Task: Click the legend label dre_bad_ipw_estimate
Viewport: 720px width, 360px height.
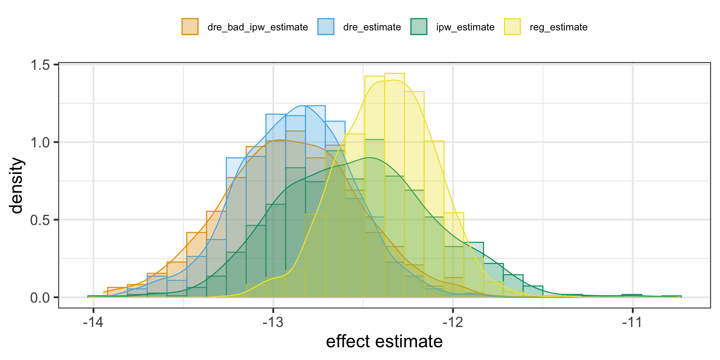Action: click(x=258, y=27)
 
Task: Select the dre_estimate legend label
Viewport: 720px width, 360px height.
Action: click(x=372, y=27)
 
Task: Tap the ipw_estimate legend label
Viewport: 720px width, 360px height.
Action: click(x=465, y=27)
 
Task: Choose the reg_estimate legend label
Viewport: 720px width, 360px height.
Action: click(x=558, y=27)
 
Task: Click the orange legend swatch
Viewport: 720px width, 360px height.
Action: click(x=190, y=27)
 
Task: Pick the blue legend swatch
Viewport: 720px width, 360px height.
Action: click(x=326, y=27)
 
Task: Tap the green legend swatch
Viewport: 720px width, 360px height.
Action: click(x=419, y=27)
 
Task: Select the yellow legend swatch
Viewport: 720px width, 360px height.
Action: click(x=512, y=27)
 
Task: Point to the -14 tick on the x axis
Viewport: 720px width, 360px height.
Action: click(x=93, y=322)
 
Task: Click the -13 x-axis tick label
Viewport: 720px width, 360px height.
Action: click(x=273, y=322)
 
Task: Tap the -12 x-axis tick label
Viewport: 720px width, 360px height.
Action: click(x=453, y=322)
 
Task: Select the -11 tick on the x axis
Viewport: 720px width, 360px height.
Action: click(x=633, y=322)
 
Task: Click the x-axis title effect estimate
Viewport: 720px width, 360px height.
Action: click(x=384, y=342)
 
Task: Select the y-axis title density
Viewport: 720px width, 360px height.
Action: click(x=17, y=186)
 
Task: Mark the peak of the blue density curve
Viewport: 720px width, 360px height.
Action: click(x=303, y=106)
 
